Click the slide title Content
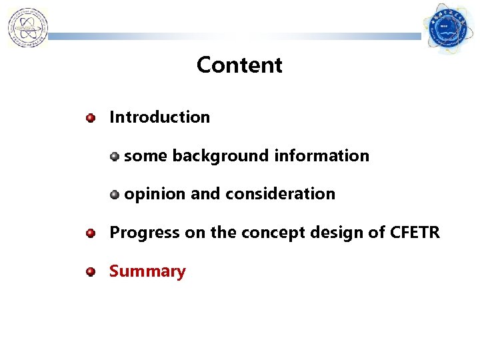[239, 65]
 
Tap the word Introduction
[159, 117]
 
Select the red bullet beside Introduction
[91, 118]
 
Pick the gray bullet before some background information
[115, 157]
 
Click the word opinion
[155, 195]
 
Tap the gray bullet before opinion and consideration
[115, 195]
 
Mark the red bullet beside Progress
[91, 234]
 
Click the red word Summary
[147, 272]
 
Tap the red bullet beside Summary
[91, 272]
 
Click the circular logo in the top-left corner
[27, 28]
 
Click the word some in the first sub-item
[146, 156]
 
